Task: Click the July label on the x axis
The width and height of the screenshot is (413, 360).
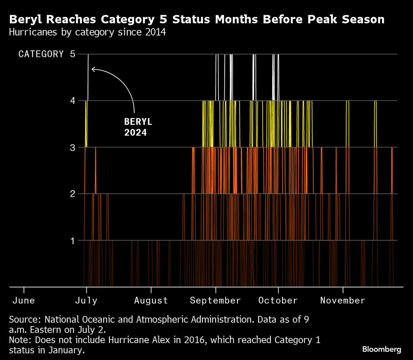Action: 86,300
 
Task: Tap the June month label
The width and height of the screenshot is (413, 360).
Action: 24,300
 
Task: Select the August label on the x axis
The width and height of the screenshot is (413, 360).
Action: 151,300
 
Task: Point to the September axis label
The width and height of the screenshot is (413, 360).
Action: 215,300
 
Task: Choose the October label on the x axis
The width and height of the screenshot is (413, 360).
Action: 278,300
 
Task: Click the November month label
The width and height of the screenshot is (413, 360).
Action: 343,300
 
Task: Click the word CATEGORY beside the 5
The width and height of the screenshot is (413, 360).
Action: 41,54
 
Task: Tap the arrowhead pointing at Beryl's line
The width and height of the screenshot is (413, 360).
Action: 93,69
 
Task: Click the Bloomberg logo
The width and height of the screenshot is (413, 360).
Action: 382,349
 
